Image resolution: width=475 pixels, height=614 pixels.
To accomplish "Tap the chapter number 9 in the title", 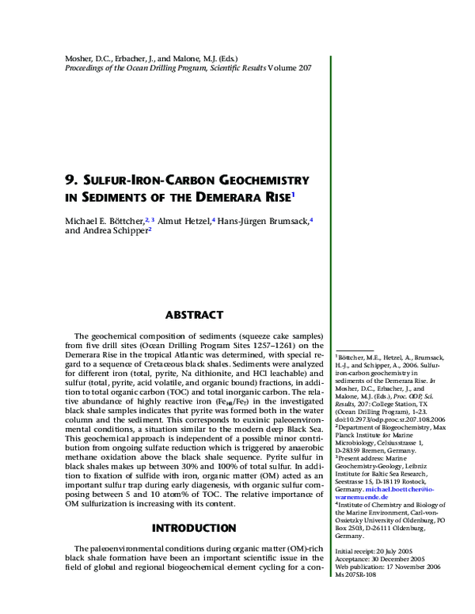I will pos(68,180).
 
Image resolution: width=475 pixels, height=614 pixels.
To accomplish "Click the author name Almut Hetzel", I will pos(184,220).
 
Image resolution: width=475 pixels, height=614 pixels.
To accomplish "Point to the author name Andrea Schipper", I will pos(114,231).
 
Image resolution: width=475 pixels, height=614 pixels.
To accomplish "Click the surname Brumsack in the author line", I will pos(286,220).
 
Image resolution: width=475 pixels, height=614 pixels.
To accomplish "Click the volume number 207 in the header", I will pos(298,68).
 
